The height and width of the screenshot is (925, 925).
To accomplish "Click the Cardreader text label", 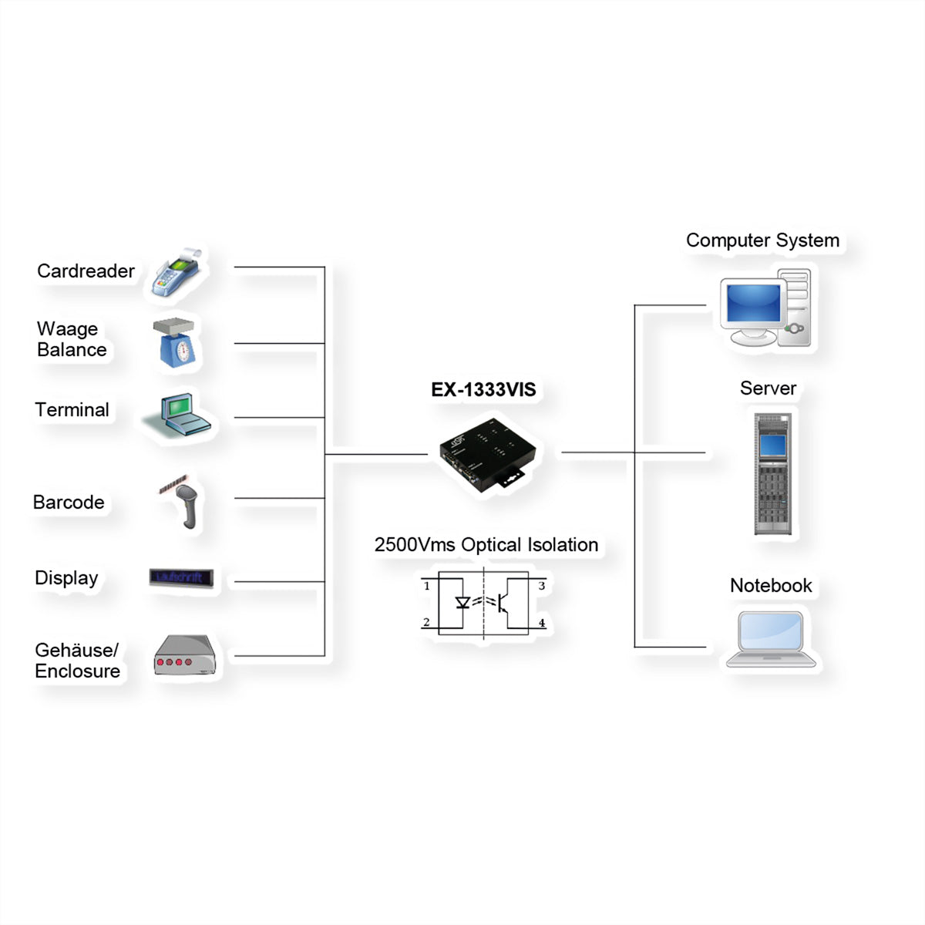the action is [x=86, y=271].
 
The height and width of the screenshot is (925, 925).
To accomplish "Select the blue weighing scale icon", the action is [x=177, y=342].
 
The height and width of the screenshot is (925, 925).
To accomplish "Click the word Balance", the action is [x=72, y=349].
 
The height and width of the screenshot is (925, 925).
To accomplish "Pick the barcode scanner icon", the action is [x=183, y=502].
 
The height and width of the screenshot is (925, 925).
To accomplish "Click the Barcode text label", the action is [x=69, y=502].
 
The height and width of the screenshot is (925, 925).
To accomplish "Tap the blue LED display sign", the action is [x=181, y=577].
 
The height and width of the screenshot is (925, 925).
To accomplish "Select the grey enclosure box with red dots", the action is [x=184, y=655].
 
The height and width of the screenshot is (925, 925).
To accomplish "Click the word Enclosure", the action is [x=78, y=671].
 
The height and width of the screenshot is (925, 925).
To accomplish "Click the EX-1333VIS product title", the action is [x=483, y=389].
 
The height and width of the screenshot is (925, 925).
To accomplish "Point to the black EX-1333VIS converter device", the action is [x=487, y=454].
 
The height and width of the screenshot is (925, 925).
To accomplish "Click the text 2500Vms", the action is [x=415, y=545].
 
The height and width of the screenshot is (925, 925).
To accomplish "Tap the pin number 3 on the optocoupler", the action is [x=541, y=586].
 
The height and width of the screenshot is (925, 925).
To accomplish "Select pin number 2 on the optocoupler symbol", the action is [x=426, y=622].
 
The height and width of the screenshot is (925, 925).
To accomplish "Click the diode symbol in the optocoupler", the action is [x=462, y=602].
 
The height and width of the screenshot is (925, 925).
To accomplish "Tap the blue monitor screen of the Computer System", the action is [x=753, y=303].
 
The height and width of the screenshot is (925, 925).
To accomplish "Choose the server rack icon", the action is [x=772, y=474].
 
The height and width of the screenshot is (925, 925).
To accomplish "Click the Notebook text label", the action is [x=771, y=586].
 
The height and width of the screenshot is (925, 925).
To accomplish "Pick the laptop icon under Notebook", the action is [x=771, y=639].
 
